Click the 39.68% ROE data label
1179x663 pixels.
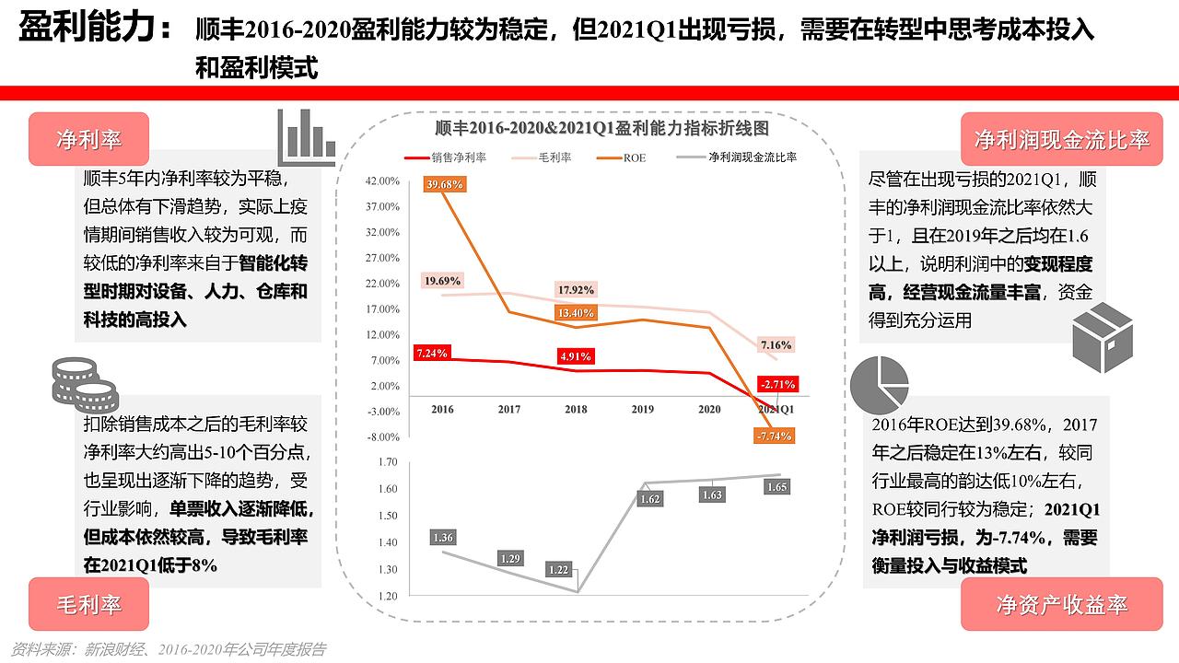coord(445,185)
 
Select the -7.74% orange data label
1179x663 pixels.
coord(773,436)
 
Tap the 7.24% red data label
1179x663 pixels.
coord(431,353)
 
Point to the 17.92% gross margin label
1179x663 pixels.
coord(577,290)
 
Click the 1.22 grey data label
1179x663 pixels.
coord(559,570)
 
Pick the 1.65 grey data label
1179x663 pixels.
coord(777,487)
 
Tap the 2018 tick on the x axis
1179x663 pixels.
coord(576,409)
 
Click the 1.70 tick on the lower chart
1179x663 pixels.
coord(388,462)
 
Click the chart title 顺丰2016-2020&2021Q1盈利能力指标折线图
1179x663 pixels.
coord(601,127)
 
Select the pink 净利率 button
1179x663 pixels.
coord(89,139)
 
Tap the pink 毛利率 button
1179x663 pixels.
coord(89,604)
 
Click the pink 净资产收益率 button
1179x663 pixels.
coord(1061,604)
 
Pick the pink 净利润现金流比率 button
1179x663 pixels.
coord(1061,139)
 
